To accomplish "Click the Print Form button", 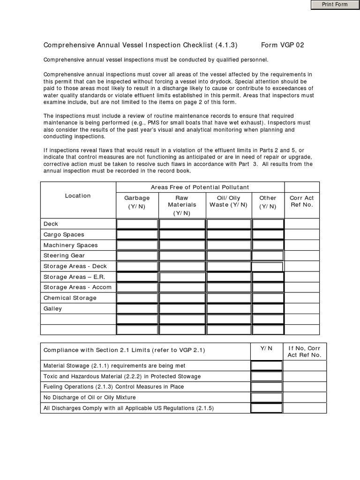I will click(334, 5).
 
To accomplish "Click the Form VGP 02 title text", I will click(282, 45).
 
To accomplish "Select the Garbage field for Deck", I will click(137, 224).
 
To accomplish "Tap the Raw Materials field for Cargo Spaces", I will click(182, 234).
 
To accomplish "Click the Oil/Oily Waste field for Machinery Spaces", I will click(229, 245).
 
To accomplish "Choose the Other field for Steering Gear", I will click(268, 256).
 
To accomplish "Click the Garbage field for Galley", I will click(137, 309).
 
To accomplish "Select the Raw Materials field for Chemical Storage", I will click(182, 298).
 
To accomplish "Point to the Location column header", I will click(78, 196).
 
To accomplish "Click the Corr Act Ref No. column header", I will click(302, 202).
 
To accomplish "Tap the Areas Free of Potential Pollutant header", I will click(200, 187).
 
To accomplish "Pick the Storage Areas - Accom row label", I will click(77, 287).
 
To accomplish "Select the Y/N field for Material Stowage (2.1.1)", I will click(266, 366).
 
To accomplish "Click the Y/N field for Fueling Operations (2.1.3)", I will click(266, 387).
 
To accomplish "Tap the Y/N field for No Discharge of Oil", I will click(266, 397).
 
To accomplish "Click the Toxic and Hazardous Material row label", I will click(122, 376).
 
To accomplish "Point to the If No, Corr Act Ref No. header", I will click(305, 352).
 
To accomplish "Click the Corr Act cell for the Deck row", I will click(302, 224).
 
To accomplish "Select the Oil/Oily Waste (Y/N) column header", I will click(229, 202).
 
